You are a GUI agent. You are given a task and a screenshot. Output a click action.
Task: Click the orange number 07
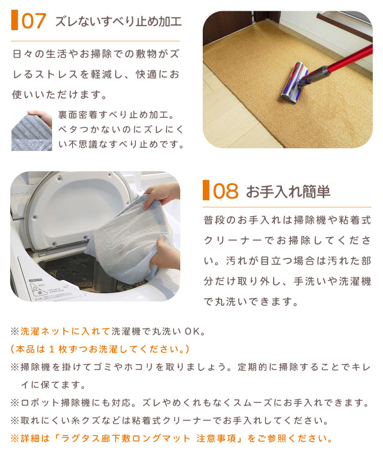[34, 21]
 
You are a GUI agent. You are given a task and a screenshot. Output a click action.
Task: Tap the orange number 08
[226, 191]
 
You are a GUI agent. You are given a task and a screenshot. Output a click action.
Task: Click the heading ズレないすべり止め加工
[118, 21]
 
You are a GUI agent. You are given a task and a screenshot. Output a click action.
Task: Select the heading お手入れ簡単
[288, 192]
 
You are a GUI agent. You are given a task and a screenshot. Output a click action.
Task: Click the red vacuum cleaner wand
[349, 59]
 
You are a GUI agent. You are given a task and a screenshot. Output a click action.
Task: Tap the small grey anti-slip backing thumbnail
[32, 131]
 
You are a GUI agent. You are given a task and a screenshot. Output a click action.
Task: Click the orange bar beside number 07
[15, 20]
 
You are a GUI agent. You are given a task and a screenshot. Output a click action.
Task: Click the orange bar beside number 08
[206, 190]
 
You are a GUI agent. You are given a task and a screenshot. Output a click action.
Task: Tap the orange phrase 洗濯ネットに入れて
[65, 331]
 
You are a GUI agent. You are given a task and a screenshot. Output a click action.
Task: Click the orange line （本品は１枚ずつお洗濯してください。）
[100, 349]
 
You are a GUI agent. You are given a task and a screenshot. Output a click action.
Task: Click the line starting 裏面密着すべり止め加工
[116, 115]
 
